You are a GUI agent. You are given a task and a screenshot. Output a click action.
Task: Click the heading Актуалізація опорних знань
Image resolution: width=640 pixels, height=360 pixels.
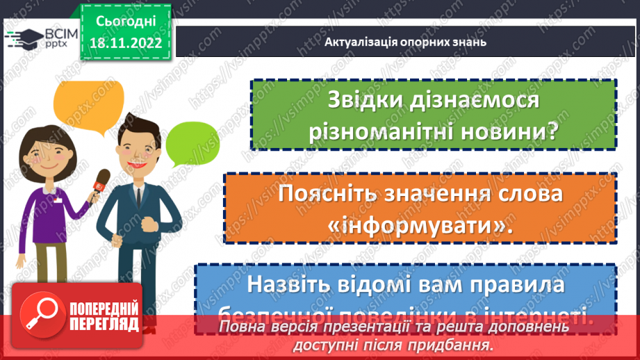[x=405, y=42]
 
